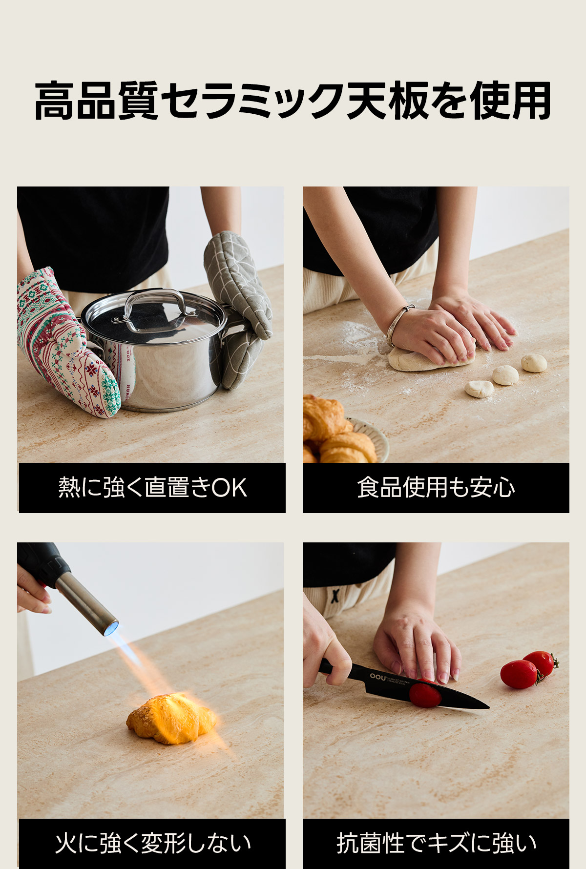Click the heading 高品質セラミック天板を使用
coord(293,101)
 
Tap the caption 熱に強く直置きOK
coord(152,488)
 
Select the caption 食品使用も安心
coord(436,488)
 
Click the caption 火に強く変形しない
coord(152,843)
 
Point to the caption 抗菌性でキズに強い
coord(436,843)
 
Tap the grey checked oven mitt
coord(237,308)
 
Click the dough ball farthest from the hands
coord(534,363)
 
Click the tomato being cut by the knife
coord(425,694)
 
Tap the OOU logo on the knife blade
coord(377,676)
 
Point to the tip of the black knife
coord(489,706)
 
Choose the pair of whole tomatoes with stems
coord(529,669)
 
